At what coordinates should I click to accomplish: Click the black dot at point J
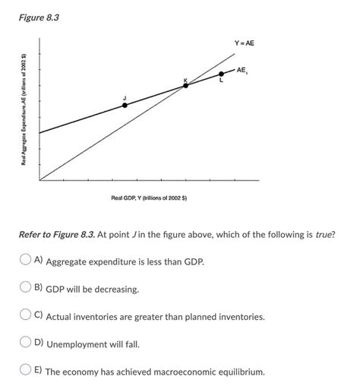click(125, 105)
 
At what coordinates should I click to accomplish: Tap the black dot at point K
click(185, 85)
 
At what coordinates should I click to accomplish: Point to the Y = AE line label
click(244, 43)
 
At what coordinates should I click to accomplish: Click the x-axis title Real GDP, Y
click(149, 198)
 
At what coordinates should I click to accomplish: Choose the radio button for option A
click(25, 260)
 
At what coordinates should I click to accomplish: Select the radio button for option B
click(25, 288)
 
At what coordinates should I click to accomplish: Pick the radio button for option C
click(25, 315)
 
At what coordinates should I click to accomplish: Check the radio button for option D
click(25, 343)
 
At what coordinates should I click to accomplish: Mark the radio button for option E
click(25, 372)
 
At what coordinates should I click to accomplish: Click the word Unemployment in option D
click(79, 344)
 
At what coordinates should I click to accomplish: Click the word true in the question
click(325, 235)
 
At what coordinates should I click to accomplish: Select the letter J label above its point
click(125, 96)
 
